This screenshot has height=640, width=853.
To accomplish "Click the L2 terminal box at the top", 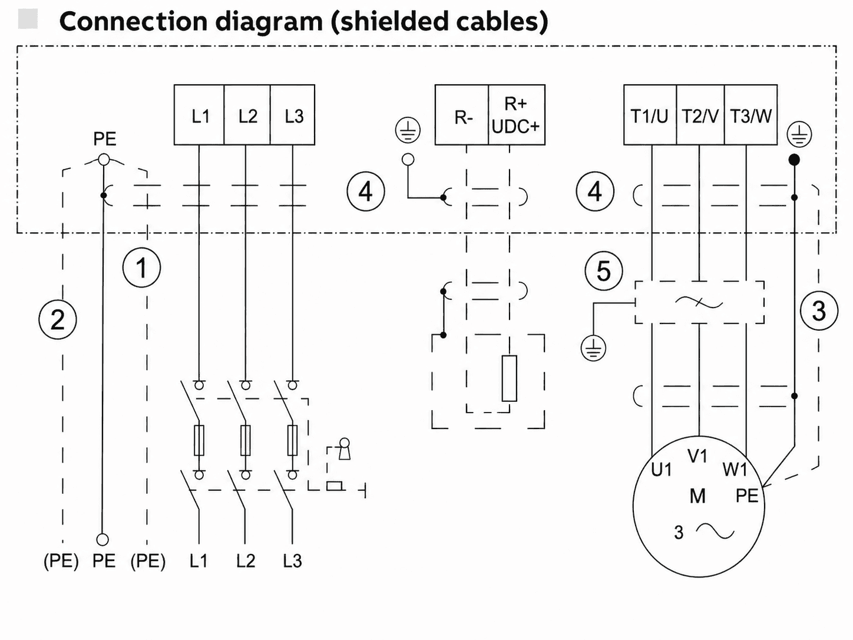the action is (247, 115).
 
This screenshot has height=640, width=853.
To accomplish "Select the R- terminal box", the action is (462, 115).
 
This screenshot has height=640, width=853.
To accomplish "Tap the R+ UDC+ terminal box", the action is (517, 115).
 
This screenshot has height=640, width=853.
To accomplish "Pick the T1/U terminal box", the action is (650, 115).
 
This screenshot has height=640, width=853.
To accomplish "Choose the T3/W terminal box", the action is (751, 115).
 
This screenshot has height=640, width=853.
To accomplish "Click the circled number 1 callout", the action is (141, 268).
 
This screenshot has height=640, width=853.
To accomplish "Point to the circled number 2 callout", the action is (58, 320).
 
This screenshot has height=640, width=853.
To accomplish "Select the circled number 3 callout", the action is (819, 311).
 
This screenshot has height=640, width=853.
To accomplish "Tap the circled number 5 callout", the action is (603, 271).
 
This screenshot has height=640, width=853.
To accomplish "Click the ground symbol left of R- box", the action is (408, 130).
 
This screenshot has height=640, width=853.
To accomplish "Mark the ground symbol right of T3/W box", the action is (799, 135).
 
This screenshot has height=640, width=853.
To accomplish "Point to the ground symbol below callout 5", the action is (593, 348).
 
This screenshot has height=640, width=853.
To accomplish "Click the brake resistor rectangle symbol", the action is (509, 378).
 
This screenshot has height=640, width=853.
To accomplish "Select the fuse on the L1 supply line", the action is (199, 440).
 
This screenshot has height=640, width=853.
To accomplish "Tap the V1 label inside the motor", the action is (697, 456).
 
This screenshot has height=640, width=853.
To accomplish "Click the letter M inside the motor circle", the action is (697, 496).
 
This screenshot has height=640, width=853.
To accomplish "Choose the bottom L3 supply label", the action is (292, 560).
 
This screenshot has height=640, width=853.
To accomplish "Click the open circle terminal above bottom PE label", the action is (103, 539).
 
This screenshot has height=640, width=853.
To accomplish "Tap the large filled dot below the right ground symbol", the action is (794, 159).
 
